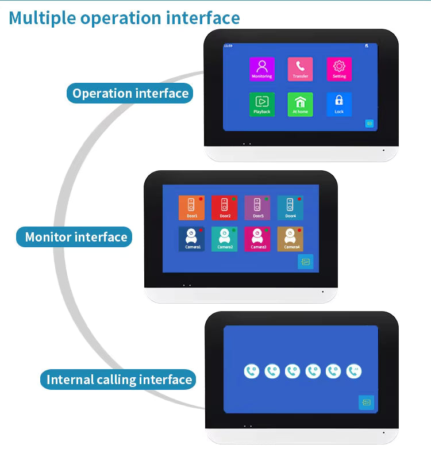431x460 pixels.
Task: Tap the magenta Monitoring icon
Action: pos(261,68)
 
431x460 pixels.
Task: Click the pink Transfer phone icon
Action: pos(300,68)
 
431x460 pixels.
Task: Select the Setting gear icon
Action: pos(339,68)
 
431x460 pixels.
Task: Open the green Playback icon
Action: pos(261,104)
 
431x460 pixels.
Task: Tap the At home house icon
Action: pos(300,104)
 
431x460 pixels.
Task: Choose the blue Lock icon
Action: pos(339,104)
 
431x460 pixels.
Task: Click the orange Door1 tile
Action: pos(191,208)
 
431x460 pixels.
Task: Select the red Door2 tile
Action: pos(225,208)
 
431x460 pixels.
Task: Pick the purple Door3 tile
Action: pos(257,208)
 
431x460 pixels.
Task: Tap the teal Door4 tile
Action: pos(291,208)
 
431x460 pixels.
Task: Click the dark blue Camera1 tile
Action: pos(191,239)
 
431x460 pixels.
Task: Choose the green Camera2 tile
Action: pos(225,239)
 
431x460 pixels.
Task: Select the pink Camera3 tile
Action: pos(257,239)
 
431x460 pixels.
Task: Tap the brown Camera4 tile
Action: pos(291,239)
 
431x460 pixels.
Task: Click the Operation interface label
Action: pos(130,93)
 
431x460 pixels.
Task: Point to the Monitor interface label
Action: pos(75,237)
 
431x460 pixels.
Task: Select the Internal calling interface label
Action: pos(118,379)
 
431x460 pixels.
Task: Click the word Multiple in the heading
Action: pos(43,18)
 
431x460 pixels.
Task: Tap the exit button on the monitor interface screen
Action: pos(305,262)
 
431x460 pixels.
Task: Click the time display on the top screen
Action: pos(228,45)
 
